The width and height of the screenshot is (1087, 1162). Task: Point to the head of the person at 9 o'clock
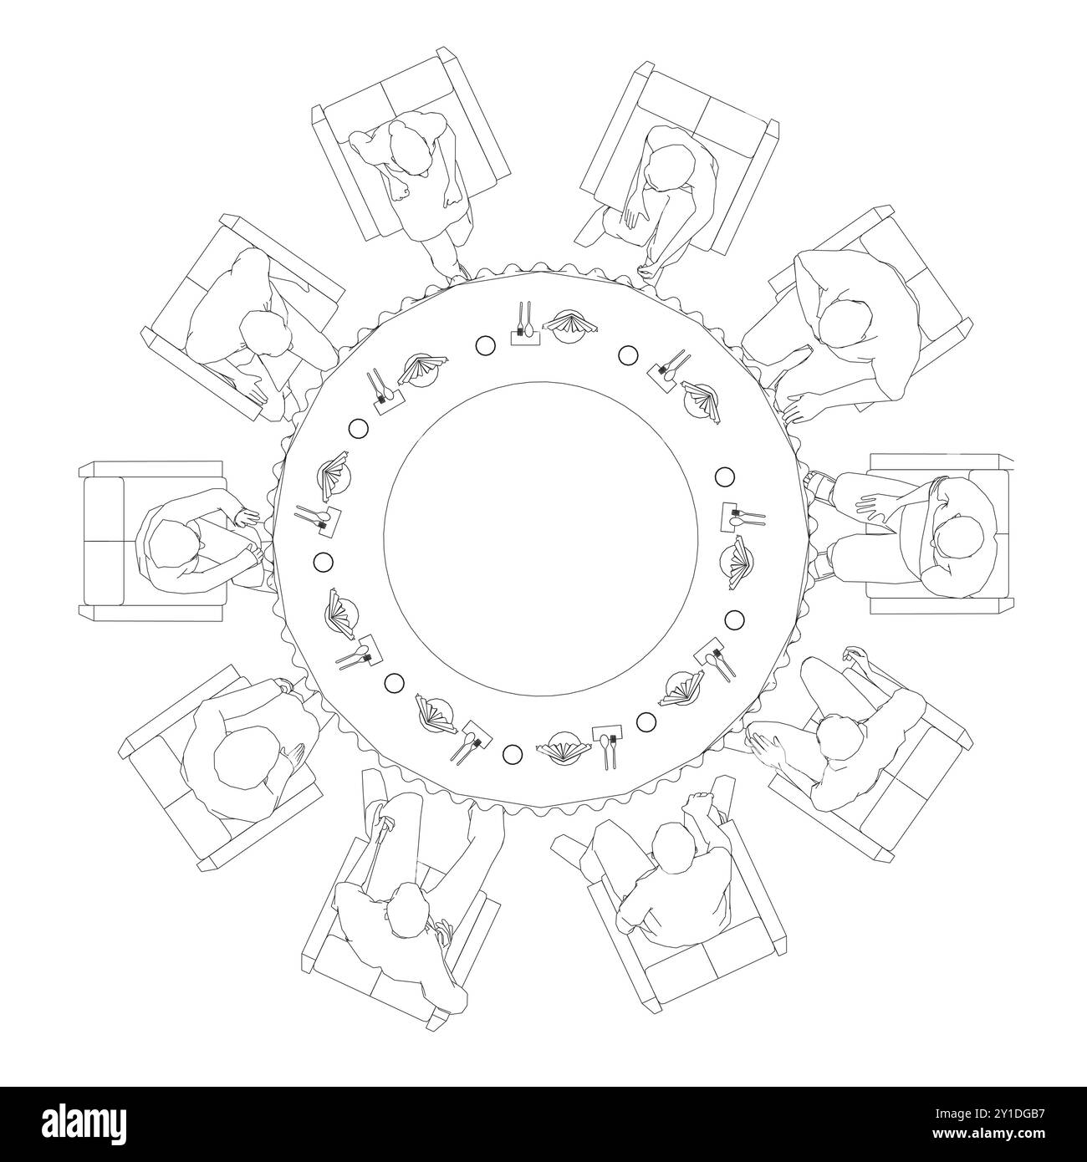click(x=173, y=544)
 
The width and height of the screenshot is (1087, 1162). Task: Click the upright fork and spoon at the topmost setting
click(x=524, y=321)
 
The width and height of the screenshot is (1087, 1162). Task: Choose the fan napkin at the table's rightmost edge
click(x=737, y=559)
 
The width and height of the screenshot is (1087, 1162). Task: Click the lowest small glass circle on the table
click(x=513, y=755)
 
